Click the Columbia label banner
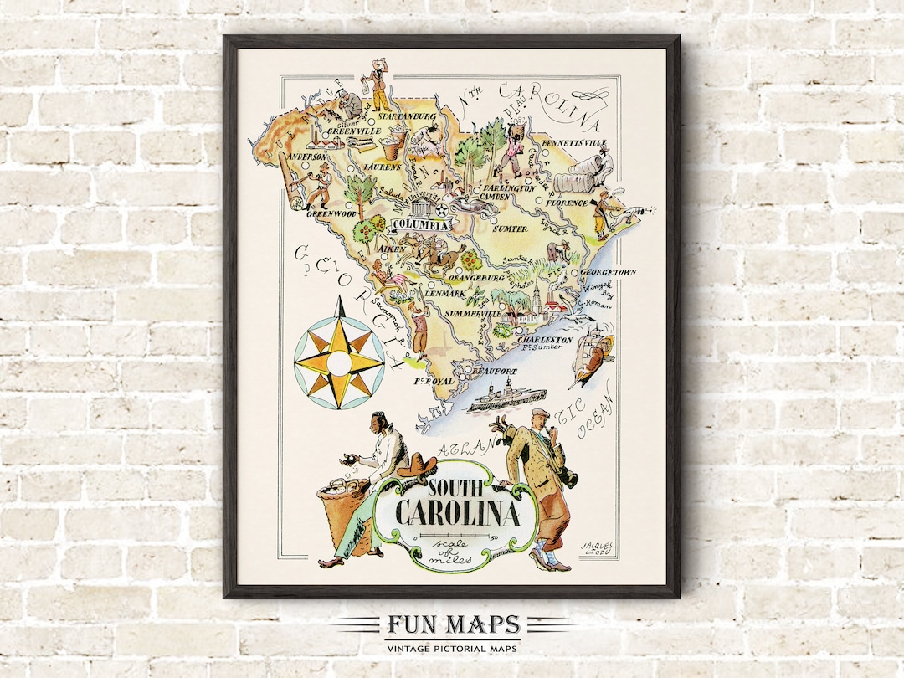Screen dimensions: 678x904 point(423,224)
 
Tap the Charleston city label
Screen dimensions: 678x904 point(545,340)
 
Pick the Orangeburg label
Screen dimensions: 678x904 point(475,276)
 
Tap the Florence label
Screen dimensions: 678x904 point(566,203)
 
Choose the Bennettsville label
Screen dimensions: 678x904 point(573,143)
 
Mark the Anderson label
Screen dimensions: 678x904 point(306,157)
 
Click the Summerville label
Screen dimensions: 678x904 point(475,312)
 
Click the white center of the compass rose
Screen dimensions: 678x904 point(339,363)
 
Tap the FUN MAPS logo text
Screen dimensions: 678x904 point(452,625)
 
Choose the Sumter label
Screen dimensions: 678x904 point(510,229)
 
